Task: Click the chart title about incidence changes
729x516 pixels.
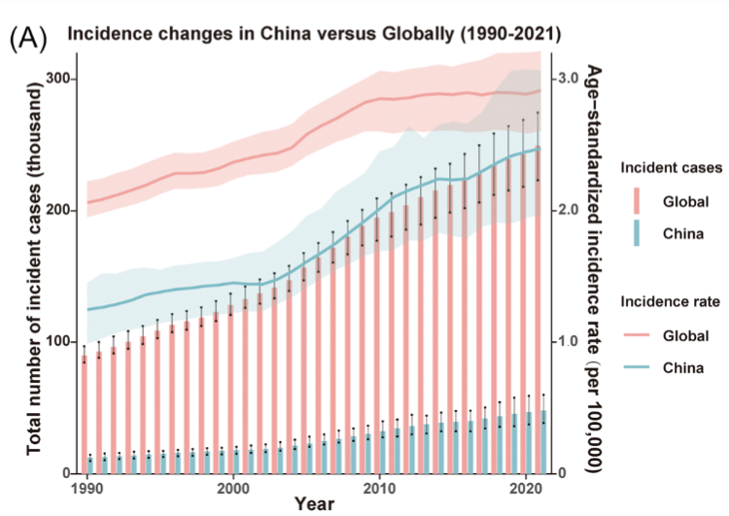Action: (313, 34)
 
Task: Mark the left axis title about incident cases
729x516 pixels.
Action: (34, 270)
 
